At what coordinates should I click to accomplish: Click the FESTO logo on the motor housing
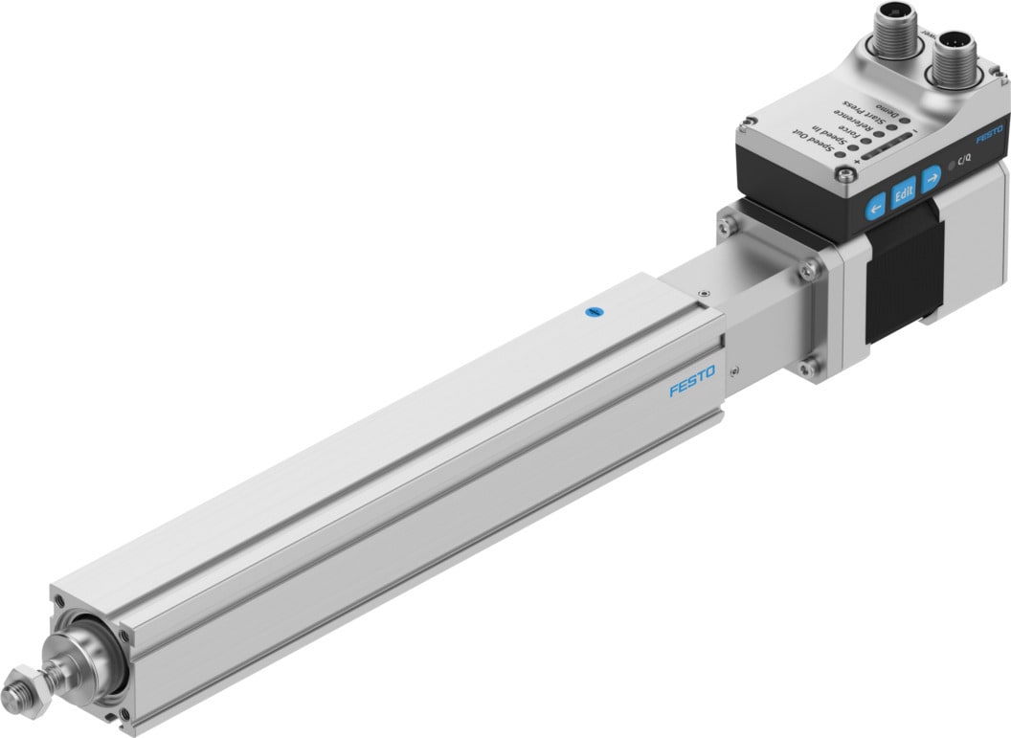coord(990,133)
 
